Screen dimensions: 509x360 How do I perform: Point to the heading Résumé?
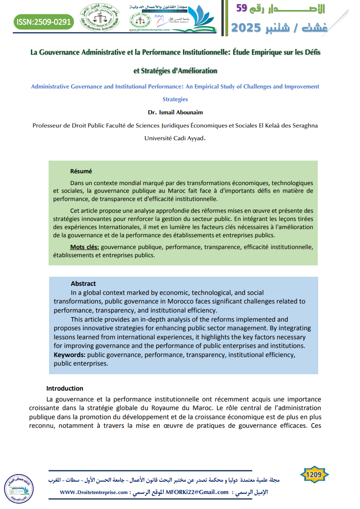pyautogui.click(x=81, y=171)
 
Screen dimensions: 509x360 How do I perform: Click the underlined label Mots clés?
pyautogui.click(x=84, y=247)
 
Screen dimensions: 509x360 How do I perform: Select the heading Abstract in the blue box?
pyautogui.click(x=83, y=284)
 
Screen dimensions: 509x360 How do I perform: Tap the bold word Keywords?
pyautogui.click(x=69, y=354)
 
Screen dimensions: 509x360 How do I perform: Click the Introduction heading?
pyautogui.click(x=65, y=388)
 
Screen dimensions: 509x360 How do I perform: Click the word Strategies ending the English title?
pyautogui.click(x=175, y=99)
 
